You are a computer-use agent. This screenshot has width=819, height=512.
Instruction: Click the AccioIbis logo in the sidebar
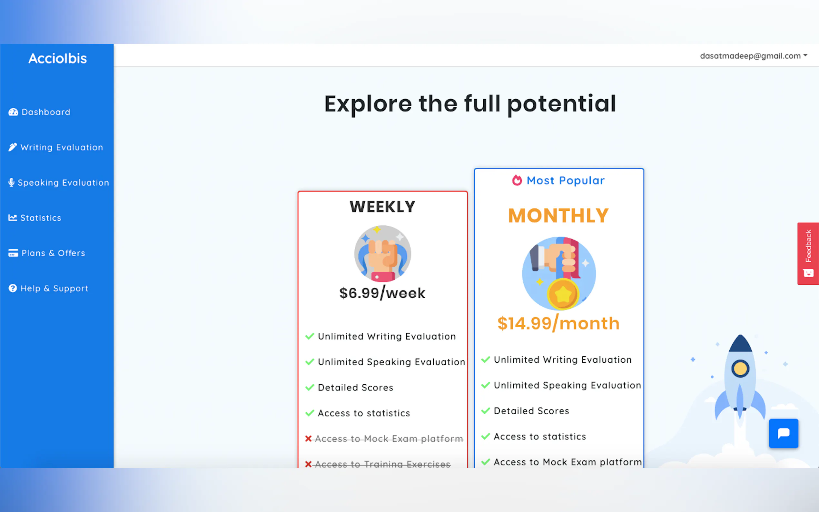coord(58,59)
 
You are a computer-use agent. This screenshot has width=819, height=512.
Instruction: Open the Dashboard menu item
coord(39,112)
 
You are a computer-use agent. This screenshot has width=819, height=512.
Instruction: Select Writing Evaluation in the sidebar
coord(55,147)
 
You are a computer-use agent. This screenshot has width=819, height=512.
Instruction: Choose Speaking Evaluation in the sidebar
coord(59,182)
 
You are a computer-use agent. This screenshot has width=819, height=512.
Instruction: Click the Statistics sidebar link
coord(35,218)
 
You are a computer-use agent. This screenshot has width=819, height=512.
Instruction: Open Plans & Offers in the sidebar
coord(47,253)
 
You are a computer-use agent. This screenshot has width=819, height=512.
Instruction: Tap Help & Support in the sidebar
coord(48,288)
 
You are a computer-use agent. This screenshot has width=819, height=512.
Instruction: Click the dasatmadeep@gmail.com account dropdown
coord(754,56)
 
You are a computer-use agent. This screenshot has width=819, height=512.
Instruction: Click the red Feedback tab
coord(808,254)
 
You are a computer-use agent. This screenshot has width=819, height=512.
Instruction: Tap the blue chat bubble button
coord(784,433)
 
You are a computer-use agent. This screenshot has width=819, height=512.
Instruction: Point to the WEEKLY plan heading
coord(383,207)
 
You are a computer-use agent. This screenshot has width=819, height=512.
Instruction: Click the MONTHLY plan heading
coord(559,215)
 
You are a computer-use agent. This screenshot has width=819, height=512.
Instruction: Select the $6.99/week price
coord(382,293)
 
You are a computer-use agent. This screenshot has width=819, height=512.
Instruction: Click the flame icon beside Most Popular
coord(517,180)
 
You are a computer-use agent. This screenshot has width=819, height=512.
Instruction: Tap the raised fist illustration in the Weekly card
coord(383,254)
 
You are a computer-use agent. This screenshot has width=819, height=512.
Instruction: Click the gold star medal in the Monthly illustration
coord(562,294)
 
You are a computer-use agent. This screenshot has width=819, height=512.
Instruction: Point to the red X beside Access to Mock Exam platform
coord(308,438)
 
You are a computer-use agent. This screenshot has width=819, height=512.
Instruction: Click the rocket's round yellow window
coord(740,369)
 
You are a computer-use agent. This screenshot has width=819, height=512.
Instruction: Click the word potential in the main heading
coord(561,104)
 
